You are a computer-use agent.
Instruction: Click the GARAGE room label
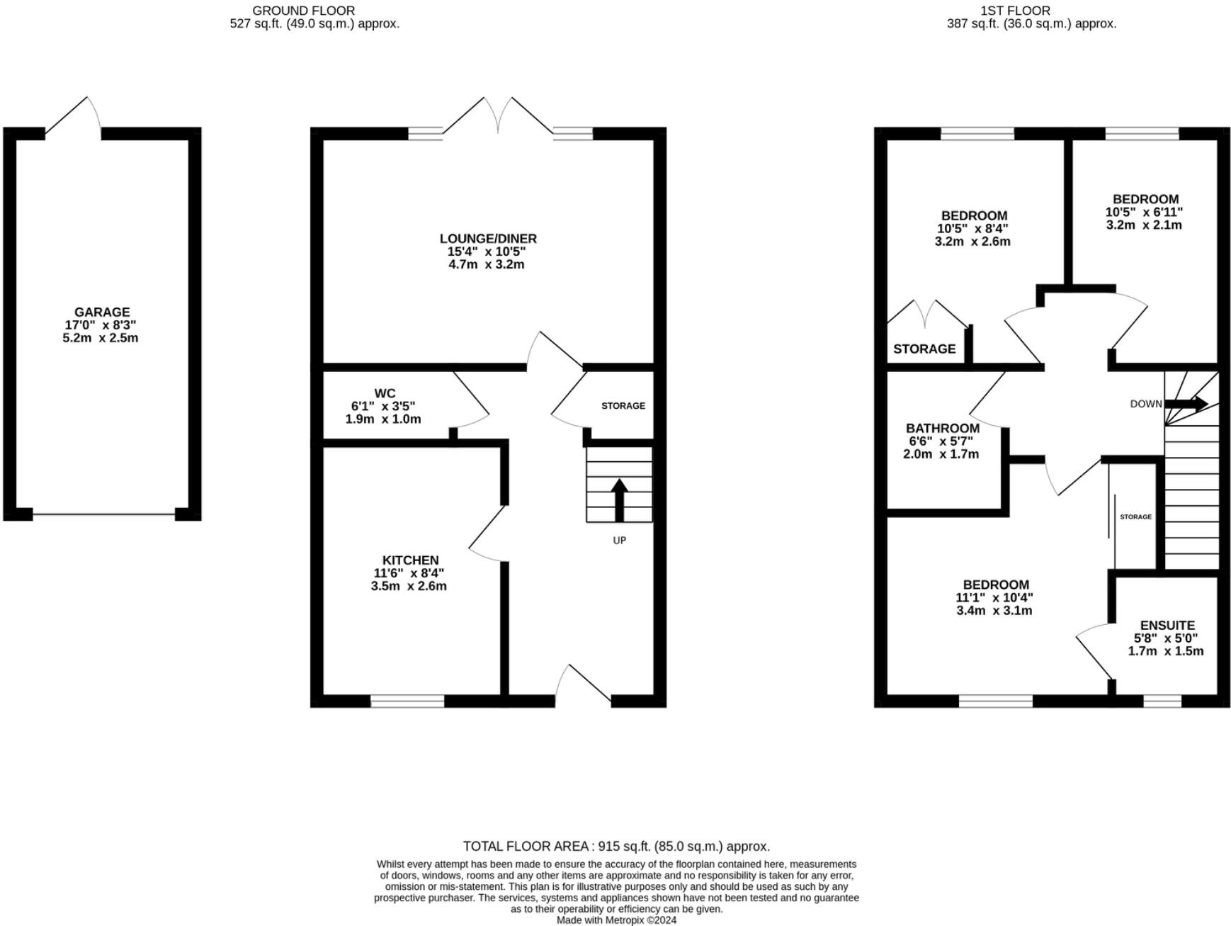[102, 312]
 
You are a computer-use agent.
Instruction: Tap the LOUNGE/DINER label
[488, 239]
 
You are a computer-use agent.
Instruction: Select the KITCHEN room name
[410, 560]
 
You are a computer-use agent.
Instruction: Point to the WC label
[385, 393]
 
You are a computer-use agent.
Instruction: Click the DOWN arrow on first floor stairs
[1186, 404]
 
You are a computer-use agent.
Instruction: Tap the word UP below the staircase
[619, 541]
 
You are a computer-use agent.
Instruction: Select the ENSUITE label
[1167, 626]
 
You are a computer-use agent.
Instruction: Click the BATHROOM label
[943, 428]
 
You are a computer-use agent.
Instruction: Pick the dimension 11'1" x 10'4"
[994, 598]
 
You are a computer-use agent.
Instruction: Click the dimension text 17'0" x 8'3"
[101, 325]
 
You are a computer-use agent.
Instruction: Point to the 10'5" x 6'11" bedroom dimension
[1145, 212]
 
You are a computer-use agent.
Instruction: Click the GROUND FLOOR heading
[303, 11]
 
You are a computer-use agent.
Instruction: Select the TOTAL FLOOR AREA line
[616, 846]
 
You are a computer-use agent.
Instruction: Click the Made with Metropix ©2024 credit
[616, 920]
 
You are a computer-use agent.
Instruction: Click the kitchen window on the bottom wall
[407, 701]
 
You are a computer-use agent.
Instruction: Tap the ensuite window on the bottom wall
[1162, 701]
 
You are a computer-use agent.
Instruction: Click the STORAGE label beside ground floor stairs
[623, 406]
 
